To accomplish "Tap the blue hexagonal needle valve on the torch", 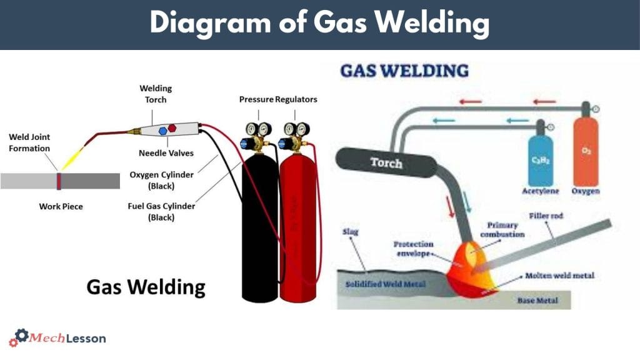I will pos(162,130).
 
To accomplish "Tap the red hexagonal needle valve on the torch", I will pos(172,128).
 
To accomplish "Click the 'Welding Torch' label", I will pos(156,94).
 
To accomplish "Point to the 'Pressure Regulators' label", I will pos(278,99).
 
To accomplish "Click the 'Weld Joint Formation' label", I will pos(29,142).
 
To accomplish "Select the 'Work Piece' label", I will pos(61,206).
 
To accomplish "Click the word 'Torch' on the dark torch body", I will pos(386,162).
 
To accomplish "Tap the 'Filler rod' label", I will pos(546,215).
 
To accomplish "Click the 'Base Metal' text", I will pos(536,301).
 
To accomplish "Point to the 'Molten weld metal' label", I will pos(559,275).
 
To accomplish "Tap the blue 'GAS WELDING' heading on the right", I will pos(404,70).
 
